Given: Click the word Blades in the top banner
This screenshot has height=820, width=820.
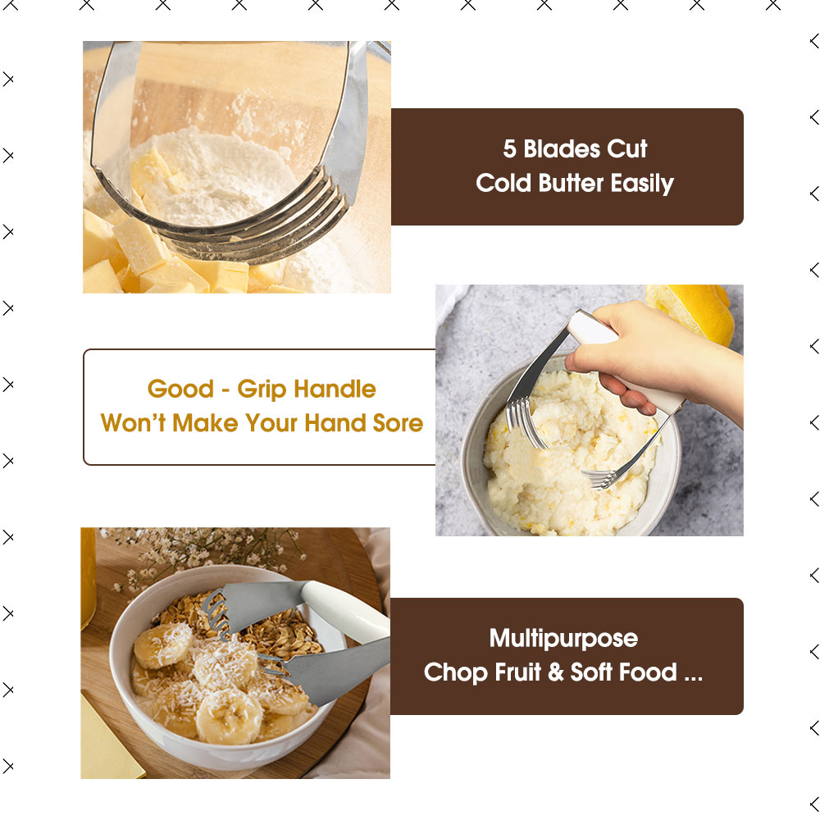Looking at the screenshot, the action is [562, 149].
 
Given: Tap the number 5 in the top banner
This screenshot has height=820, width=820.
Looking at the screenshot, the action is [509, 149].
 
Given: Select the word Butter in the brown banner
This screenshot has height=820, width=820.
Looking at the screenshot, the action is [571, 183].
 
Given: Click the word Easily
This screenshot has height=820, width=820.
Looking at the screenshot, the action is [642, 184].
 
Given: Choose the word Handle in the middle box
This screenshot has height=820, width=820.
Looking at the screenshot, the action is [335, 389].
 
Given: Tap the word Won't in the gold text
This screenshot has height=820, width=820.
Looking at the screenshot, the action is [134, 422].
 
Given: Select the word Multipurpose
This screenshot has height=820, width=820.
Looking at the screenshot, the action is [563, 639].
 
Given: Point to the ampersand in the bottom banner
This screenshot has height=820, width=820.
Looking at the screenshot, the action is [555, 672].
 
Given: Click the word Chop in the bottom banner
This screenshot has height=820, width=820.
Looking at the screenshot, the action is [455, 673].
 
